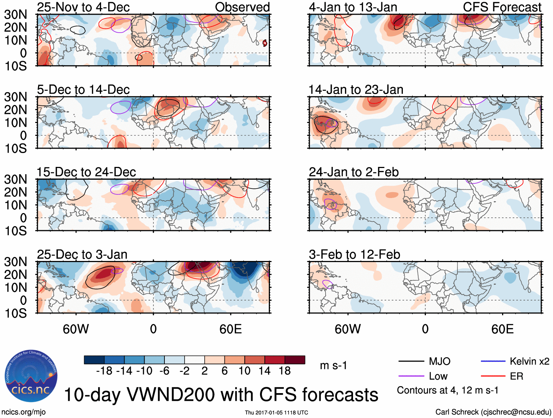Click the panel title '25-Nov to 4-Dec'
83,7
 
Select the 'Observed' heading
242,7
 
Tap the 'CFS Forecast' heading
502,7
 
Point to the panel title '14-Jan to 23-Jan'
356,90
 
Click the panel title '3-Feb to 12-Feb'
354,254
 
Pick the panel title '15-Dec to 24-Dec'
86,172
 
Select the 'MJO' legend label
439,362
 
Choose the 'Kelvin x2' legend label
529,362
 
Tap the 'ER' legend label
516,376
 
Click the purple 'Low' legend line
411,376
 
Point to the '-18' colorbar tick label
104,371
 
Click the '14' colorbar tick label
265,371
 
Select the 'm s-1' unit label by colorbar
333,366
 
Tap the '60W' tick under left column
76,329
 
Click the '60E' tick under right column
502,329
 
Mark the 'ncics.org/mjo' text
23,412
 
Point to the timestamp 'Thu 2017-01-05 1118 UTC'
276,413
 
